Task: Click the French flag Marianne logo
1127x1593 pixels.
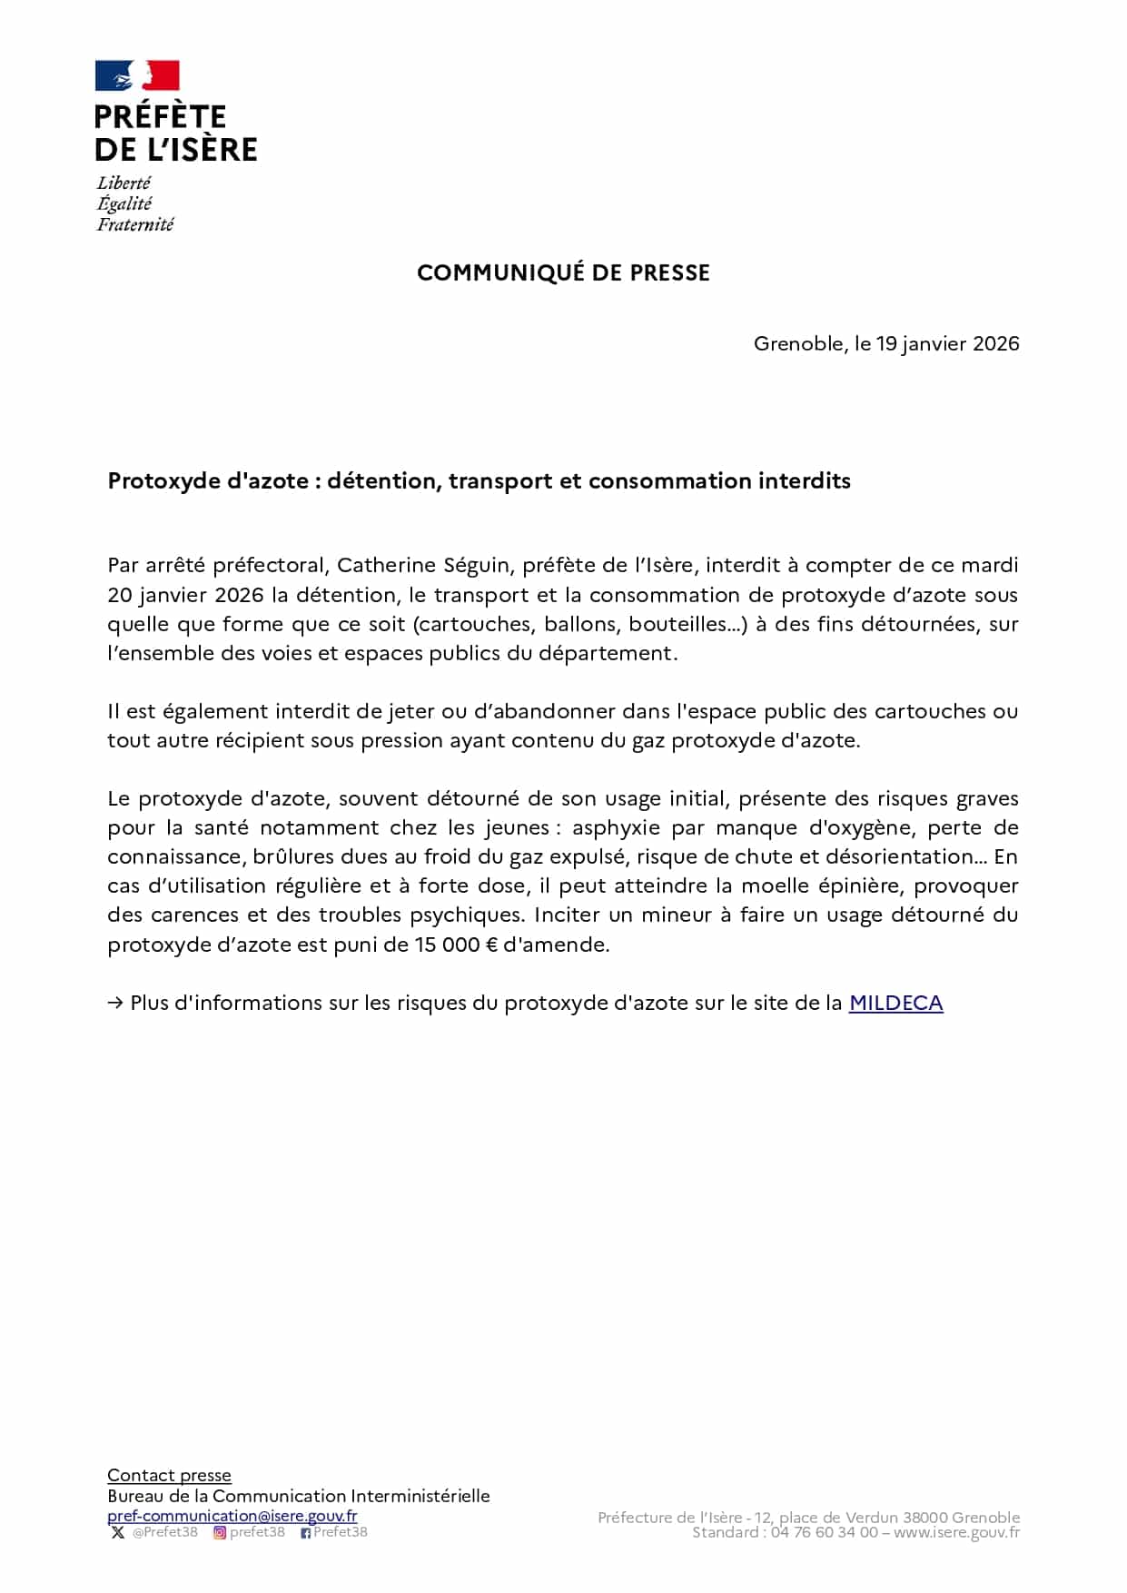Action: point(137,76)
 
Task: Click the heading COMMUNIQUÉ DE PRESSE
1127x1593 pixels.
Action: point(563,272)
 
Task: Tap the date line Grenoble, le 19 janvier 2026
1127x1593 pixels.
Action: point(886,343)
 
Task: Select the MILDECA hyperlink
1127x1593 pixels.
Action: point(895,1003)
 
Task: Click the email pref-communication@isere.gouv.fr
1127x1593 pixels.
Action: point(232,1515)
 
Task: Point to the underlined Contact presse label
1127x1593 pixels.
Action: point(169,1475)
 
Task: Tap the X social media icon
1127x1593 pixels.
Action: point(117,1532)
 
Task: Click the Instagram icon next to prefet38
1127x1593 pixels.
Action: point(219,1532)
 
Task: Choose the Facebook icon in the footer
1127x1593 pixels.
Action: point(306,1533)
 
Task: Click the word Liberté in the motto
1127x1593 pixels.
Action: point(124,183)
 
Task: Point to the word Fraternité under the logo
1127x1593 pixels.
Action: point(135,224)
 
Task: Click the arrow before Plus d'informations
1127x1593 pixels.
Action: point(115,1003)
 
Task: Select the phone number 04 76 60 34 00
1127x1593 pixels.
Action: point(825,1532)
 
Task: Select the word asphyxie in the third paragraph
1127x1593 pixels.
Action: point(616,827)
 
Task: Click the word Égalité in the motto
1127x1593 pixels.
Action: point(124,203)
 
